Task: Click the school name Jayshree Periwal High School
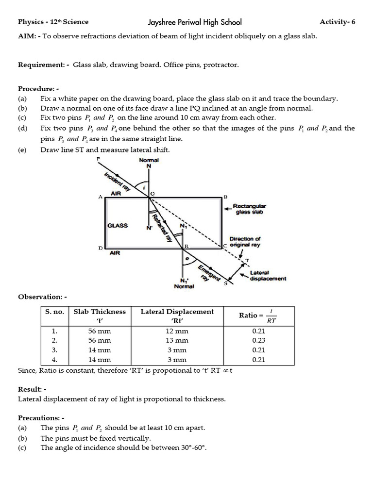point(194,22)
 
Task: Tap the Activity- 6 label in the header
point(337,22)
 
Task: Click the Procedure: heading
point(38,89)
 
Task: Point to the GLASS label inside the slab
point(118,226)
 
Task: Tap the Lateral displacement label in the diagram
point(268,276)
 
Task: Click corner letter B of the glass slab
point(225,197)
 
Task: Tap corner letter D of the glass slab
point(101,248)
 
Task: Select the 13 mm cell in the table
point(177,340)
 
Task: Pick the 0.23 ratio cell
point(259,340)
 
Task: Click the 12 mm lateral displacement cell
point(177,331)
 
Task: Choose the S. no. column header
point(54,312)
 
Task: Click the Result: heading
point(32,389)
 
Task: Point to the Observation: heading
point(42,296)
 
